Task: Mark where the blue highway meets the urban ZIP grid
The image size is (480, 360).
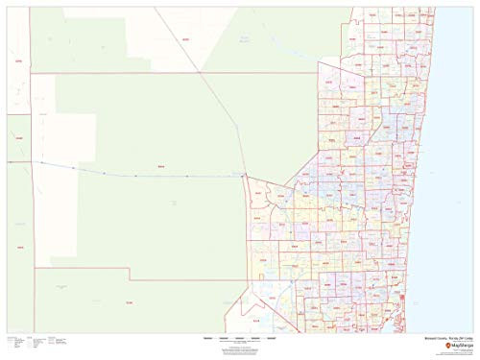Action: point(245,176)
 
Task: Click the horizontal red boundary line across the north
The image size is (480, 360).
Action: point(144,72)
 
